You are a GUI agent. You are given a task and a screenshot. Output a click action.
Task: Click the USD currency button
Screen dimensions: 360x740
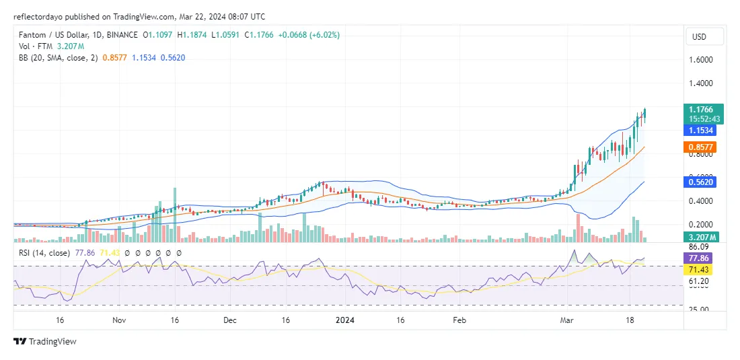tap(704, 36)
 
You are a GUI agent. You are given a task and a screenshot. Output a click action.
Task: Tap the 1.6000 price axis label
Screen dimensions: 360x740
tap(701, 60)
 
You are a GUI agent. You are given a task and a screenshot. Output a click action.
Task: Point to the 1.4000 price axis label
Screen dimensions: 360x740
tap(701, 83)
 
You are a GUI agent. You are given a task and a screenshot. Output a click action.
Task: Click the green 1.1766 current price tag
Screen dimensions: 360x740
tap(703, 110)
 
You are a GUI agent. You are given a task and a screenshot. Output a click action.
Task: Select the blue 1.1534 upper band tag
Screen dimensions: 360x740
tap(703, 131)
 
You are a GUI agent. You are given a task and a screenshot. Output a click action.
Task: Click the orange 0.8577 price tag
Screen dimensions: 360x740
tap(703, 147)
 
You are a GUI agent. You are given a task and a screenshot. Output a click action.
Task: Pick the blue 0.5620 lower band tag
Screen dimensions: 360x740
tap(703, 181)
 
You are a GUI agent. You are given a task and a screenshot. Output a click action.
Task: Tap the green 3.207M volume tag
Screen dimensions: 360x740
tap(703, 237)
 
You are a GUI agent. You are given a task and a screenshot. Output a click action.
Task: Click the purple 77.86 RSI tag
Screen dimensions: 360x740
tap(703, 258)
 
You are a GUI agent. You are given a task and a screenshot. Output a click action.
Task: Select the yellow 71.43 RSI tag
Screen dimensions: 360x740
tap(703, 269)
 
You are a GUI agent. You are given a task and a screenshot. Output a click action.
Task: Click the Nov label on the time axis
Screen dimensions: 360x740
tap(118, 321)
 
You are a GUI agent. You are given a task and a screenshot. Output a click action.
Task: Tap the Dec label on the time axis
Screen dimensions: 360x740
tap(230, 321)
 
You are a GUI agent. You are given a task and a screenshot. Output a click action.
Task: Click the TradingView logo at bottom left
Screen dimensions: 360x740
tap(45, 341)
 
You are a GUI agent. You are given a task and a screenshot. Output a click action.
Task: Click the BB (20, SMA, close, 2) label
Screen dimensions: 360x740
tap(61, 58)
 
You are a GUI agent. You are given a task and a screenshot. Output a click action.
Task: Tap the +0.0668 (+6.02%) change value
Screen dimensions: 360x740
tap(311, 34)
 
